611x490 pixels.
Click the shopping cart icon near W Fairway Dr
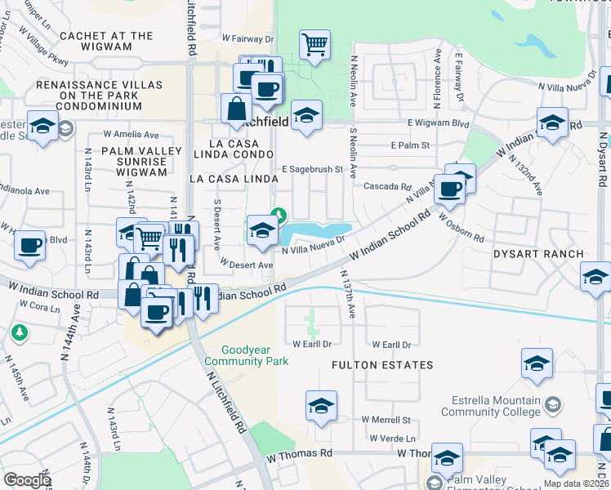314,44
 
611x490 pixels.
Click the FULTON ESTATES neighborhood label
382,365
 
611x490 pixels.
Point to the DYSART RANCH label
538,254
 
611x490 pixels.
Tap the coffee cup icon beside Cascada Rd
448,189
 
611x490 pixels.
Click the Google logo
28,479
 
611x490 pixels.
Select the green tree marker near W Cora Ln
19,332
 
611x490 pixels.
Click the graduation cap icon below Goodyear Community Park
321,406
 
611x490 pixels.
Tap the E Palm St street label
411,145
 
